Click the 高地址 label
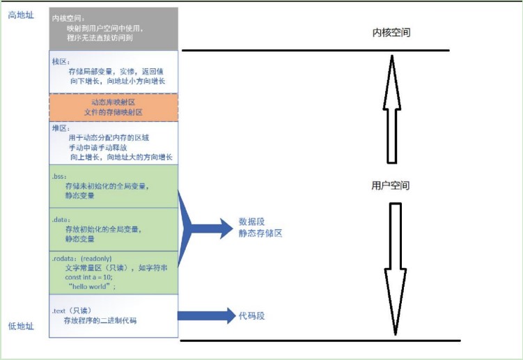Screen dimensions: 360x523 [x=21, y=15]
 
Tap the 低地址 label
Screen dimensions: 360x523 [x=21, y=326]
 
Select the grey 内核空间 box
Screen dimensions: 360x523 [x=113, y=29]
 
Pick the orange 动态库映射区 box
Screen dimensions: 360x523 [x=113, y=107]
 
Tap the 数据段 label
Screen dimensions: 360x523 [x=252, y=222]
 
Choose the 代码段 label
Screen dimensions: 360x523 [x=252, y=315]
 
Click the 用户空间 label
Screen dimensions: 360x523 [x=391, y=186]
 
